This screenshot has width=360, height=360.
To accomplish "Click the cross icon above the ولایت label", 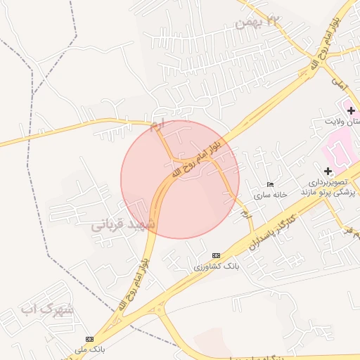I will (x=351, y=110).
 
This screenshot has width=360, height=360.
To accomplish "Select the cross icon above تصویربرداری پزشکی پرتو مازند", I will (x=328, y=171).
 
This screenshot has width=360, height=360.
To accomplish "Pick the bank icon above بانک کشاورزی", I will (x=216, y=255).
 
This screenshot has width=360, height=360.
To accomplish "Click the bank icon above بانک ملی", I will (x=89, y=339).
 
